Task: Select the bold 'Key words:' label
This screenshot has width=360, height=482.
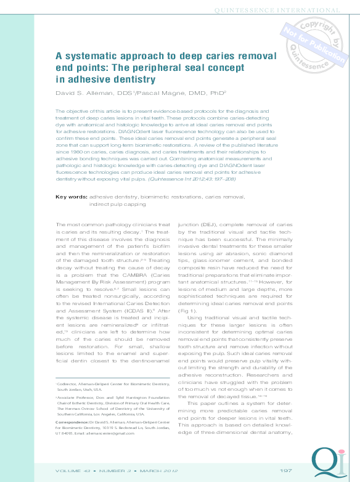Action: point(71,179)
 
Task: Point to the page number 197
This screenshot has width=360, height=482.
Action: point(285,470)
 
